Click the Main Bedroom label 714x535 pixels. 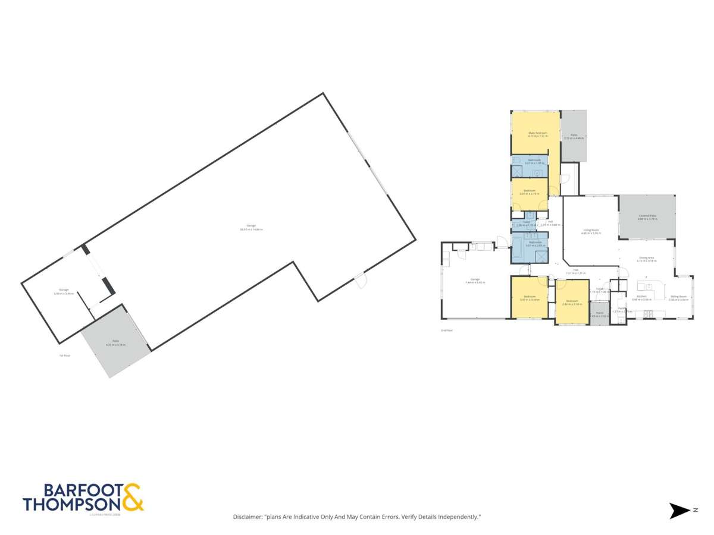pyautogui.click(x=537, y=133)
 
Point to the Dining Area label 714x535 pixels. pyautogui.click(x=646, y=257)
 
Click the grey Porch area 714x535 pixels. pyautogui.click(x=599, y=313)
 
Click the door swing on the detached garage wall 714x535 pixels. pyautogui.click(x=361, y=281)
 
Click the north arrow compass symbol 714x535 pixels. pyautogui.click(x=678, y=510)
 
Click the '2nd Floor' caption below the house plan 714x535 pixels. pyautogui.click(x=446, y=330)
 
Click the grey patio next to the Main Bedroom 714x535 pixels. pyautogui.click(x=574, y=136)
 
